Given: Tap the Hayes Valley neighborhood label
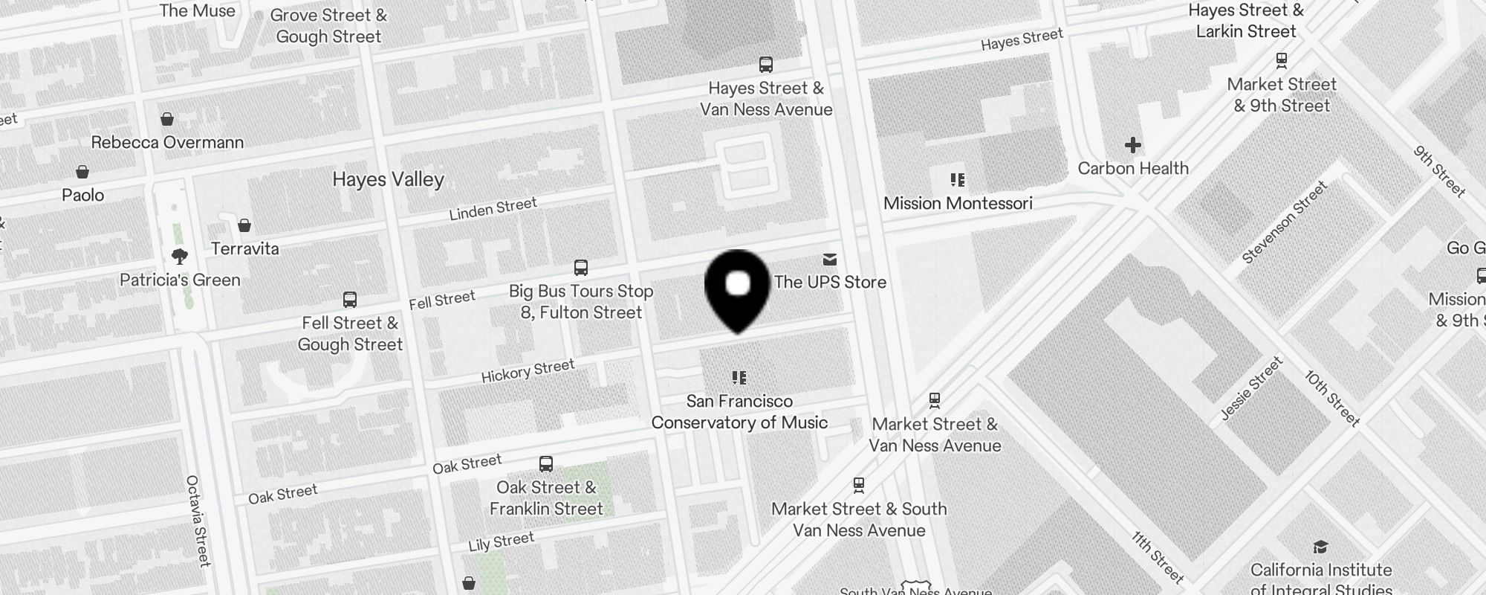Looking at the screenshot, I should (388, 179).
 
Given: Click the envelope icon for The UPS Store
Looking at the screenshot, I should (830, 260).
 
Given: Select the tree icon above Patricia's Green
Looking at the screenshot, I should (179, 257).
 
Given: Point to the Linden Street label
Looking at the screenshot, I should (493, 209).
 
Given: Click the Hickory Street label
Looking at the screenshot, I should (528, 370).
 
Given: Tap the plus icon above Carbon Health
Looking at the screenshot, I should (1132, 144).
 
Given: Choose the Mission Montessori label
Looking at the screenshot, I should (958, 203).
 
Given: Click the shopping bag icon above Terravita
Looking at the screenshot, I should (244, 225).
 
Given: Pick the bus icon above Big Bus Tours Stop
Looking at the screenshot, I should (581, 268).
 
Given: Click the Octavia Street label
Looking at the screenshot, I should (198, 521).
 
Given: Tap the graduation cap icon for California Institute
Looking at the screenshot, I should (1320, 547).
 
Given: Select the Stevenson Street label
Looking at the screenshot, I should (1285, 222).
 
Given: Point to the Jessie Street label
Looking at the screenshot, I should (1252, 389).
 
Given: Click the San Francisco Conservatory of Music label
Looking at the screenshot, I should (739, 412).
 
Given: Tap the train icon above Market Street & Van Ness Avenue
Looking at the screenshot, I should (935, 401).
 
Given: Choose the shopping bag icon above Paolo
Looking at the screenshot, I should (82, 173).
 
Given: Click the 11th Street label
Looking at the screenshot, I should (1157, 557).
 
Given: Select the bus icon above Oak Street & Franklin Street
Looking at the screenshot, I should (546, 464).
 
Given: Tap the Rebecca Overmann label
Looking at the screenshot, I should (167, 142).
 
